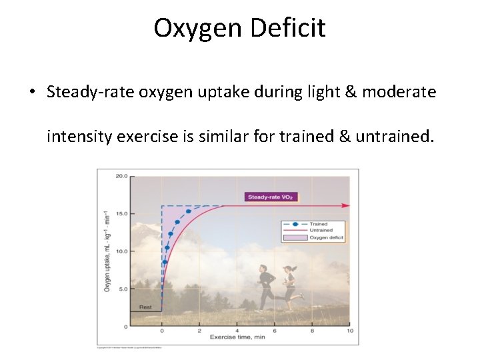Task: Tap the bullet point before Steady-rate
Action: [33, 93]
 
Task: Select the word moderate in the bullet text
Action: [399, 91]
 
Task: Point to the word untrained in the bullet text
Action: [393, 137]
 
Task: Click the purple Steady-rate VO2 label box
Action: [270, 197]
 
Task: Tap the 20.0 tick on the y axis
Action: [121, 177]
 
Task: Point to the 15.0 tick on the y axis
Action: [121, 214]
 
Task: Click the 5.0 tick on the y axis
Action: [123, 289]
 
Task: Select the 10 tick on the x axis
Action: [350, 331]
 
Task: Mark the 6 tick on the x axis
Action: [275, 331]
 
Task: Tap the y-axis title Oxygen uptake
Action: [107, 251]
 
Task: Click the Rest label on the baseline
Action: [145, 307]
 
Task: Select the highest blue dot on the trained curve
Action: [188, 211]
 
